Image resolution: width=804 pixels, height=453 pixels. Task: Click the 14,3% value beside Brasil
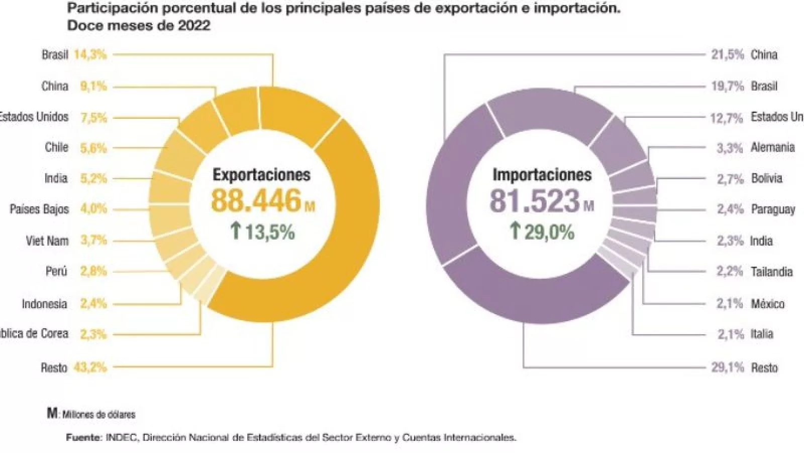[90, 54]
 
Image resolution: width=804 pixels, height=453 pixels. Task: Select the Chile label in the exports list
[56, 147]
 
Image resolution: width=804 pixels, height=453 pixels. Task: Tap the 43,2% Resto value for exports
[90, 367]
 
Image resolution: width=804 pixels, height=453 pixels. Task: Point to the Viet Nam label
[47, 241]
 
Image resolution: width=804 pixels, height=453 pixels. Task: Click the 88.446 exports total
[256, 200]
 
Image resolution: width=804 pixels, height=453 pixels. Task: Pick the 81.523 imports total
[535, 200]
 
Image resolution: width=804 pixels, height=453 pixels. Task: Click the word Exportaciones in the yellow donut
[261, 175]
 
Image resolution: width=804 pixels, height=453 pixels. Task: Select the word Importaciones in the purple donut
[542, 175]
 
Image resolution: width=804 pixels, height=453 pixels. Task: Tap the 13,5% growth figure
[269, 232]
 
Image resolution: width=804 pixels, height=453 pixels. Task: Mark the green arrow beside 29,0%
[515, 232]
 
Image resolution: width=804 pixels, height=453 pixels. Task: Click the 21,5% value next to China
[727, 54]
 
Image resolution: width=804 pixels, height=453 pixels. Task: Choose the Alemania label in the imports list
[772, 147]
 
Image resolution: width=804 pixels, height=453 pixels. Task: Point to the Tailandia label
[771, 272]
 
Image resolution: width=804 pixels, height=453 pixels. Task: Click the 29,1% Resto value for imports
[727, 367]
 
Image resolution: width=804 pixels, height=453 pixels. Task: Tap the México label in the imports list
[767, 304]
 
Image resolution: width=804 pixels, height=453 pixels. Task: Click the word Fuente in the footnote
[83, 437]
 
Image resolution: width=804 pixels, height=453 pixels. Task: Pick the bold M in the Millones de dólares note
[52, 413]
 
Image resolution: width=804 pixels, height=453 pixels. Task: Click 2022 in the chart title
[194, 25]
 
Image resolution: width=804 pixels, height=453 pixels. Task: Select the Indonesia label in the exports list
[44, 304]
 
